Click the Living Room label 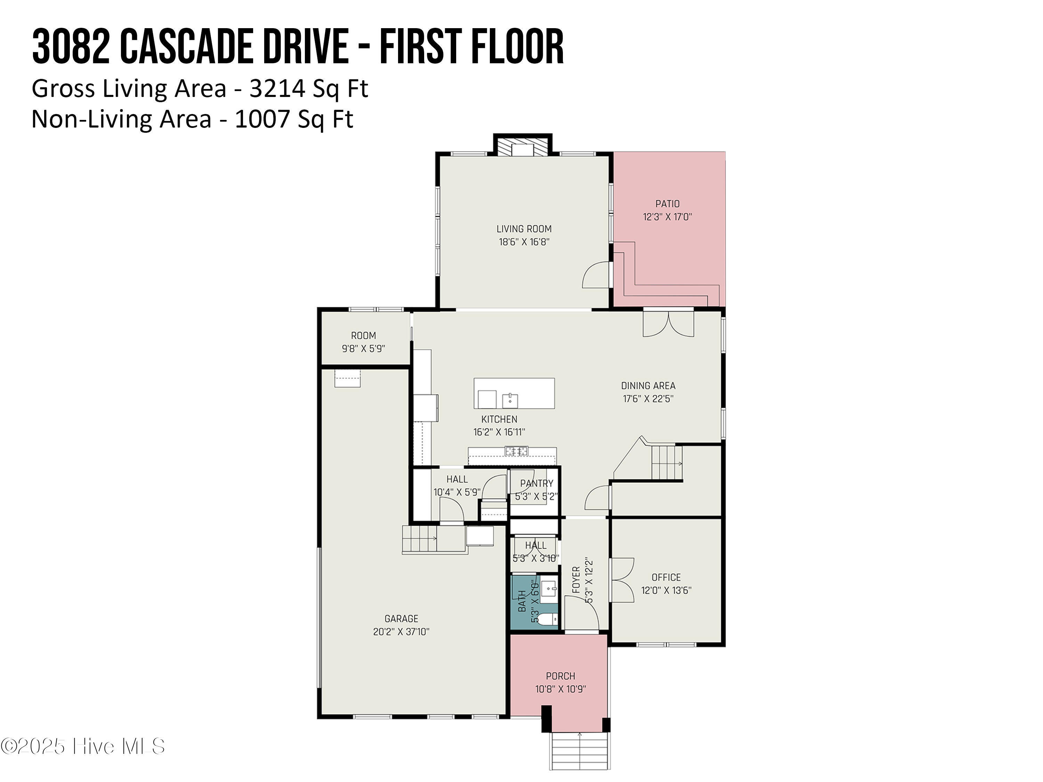pyautogui.click(x=524, y=229)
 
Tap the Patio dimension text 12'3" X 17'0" pyautogui.click(x=667, y=217)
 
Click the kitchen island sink pyautogui.click(x=510, y=400)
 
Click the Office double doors pyautogui.click(x=622, y=580)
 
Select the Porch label pyautogui.click(x=561, y=676)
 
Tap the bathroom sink pyautogui.click(x=548, y=589)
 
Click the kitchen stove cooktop pyautogui.click(x=517, y=451)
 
